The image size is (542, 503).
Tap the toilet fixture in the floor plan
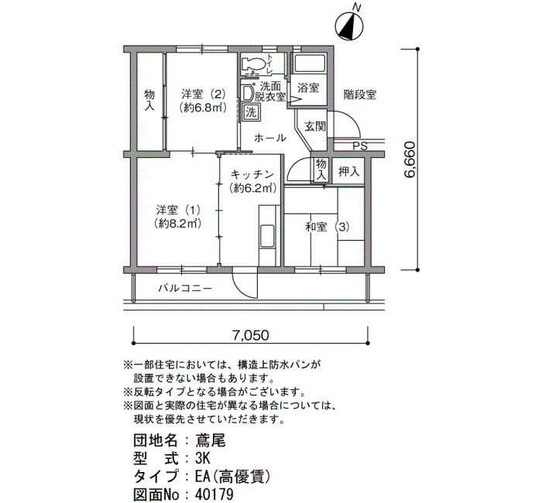tap(254, 64)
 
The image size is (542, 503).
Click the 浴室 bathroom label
tap(308, 87)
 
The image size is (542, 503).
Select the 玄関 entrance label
tap(315, 126)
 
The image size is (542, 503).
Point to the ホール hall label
tap(270, 139)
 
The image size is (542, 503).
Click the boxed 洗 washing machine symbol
tap(251, 112)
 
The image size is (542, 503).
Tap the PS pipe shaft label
tap(360, 146)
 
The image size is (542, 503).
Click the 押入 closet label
tap(348, 171)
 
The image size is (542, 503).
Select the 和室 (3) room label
tap(327, 227)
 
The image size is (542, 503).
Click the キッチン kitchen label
tap(252, 174)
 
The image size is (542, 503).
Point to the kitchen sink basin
tap(266, 235)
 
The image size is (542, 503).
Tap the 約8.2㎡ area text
tap(178, 224)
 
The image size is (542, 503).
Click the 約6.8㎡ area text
tap(203, 108)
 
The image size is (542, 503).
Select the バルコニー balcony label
tap(185, 288)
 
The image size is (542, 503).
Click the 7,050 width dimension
tap(250, 335)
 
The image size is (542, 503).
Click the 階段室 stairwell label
tap(360, 94)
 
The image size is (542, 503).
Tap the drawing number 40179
tap(214, 494)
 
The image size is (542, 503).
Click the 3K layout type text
tap(203, 458)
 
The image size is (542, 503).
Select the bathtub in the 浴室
tap(310, 63)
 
